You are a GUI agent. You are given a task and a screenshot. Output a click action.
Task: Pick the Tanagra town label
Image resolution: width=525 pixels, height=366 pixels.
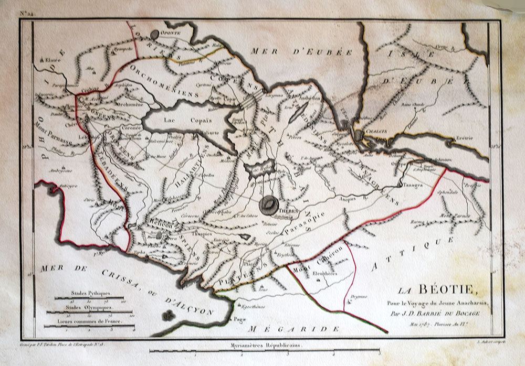click(x=414, y=185)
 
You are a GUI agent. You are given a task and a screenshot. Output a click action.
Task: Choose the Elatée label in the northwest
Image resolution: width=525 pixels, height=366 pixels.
click(x=53, y=60)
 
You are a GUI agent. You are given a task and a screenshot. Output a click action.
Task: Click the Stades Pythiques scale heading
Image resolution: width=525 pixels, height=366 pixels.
click(x=90, y=296)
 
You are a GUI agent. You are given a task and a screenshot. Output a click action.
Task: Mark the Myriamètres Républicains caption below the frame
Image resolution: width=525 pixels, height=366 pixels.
click(x=261, y=346)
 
